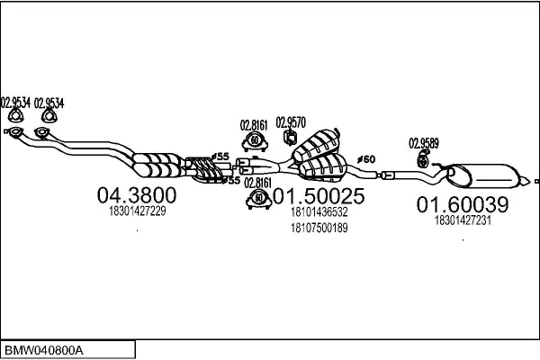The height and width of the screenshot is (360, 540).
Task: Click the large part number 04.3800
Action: click(x=136, y=195)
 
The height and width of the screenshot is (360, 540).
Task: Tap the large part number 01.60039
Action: click(x=462, y=204)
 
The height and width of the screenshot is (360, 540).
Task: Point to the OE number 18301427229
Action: click(x=136, y=211)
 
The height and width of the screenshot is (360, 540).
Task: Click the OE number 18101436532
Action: click(x=319, y=212)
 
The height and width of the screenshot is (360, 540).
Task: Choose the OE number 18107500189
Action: click(x=319, y=228)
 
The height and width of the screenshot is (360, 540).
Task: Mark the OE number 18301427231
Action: click(x=462, y=219)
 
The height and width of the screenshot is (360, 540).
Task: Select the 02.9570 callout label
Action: click(x=292, y=121)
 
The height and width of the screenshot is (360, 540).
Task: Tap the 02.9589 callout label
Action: click(x=424, y=142)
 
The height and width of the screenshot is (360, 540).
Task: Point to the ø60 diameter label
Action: click(x=366, y=159)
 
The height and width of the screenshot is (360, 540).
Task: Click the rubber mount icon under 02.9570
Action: click(x=291, y=137)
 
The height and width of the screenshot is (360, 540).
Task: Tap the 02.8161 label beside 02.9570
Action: click(x=254, y=125)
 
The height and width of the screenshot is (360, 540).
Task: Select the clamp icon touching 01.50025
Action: click(x=258, y=198)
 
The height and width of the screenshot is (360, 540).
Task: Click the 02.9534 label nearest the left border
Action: click(x=15, y=102)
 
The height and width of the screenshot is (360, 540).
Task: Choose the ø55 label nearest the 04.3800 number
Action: click(x=231, y=181)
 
